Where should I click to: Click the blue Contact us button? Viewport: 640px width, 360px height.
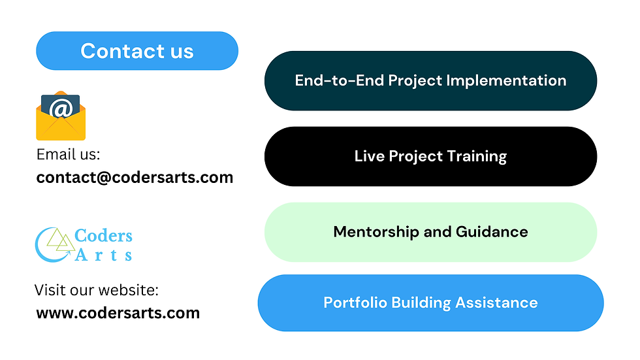click(137, 50)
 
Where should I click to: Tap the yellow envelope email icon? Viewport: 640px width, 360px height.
click(61, 116)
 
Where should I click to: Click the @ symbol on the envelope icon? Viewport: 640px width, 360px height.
click(61, 108)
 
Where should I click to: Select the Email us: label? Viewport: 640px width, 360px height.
click(68, 155)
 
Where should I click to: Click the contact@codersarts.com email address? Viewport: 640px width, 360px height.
click(135, 178)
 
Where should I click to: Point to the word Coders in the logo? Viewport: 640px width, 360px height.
click(103, 235)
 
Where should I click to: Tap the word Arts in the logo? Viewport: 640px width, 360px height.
click(103, 255)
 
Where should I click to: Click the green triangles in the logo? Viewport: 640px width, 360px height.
click(61, 240)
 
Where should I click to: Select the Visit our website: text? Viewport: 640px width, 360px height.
click(97, 290)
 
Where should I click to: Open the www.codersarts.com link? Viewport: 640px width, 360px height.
click(118, 313)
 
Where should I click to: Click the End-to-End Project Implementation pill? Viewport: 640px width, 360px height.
click(430, 81)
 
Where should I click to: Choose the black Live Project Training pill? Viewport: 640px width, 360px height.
click(430, 156)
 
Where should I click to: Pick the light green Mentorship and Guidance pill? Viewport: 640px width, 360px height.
click(430, 232)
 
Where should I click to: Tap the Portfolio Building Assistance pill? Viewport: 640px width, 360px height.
click(430, 303)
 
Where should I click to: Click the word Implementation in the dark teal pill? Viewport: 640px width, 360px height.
click(506, 81)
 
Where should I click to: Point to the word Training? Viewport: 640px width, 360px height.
click(477, 156)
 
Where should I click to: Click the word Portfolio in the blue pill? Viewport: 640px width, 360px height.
click(355, 303)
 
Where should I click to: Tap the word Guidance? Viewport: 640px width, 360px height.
click(492, 232)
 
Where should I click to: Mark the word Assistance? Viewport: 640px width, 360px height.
click(496, 303)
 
